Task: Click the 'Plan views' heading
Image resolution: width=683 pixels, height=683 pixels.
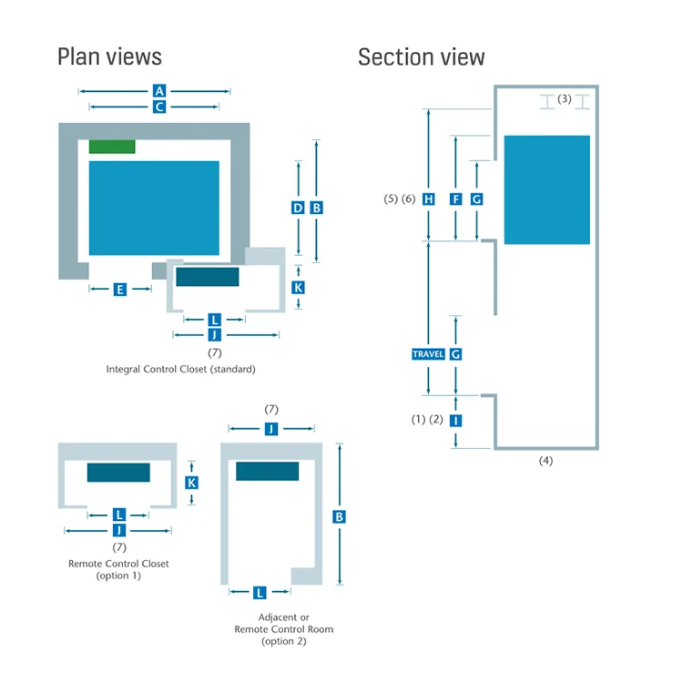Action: tap(110, 56)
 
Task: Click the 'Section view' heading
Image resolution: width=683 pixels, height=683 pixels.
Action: tap(422, 56)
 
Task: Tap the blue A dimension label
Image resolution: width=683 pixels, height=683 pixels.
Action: tap(159, 91)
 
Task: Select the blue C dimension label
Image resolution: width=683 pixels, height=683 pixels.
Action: tap(159, 107)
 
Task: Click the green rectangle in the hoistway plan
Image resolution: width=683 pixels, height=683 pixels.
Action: tap(112, 147)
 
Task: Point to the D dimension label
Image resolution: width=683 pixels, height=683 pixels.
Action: tap(298, 208)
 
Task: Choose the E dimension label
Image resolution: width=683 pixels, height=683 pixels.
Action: tap(120, 290)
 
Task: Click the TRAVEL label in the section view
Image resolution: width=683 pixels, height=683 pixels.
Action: tap(428, 354)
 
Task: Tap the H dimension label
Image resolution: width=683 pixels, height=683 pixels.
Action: tap(429, 199)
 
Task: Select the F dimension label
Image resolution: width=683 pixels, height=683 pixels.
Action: tap(455, 199)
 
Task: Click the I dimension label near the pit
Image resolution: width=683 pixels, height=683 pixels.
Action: tap(455, 421)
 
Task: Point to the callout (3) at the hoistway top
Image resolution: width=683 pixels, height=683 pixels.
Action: tap(565, 99)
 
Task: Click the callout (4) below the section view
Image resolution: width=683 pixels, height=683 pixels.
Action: tap(545, 461)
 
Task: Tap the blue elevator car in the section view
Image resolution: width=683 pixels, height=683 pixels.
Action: tap(547, 190)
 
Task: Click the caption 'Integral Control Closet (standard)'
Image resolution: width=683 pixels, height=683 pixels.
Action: tap(181, 370)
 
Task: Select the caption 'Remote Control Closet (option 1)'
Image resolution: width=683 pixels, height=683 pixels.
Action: tap(118, 569)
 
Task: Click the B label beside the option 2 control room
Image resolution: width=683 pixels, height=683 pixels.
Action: tap(339, 517)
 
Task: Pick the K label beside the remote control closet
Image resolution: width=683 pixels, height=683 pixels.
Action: tap(191, 483)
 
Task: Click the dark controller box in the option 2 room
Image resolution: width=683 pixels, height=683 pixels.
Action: tap(268, 472)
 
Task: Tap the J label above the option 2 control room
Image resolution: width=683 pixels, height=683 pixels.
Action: tap(271, 429)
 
